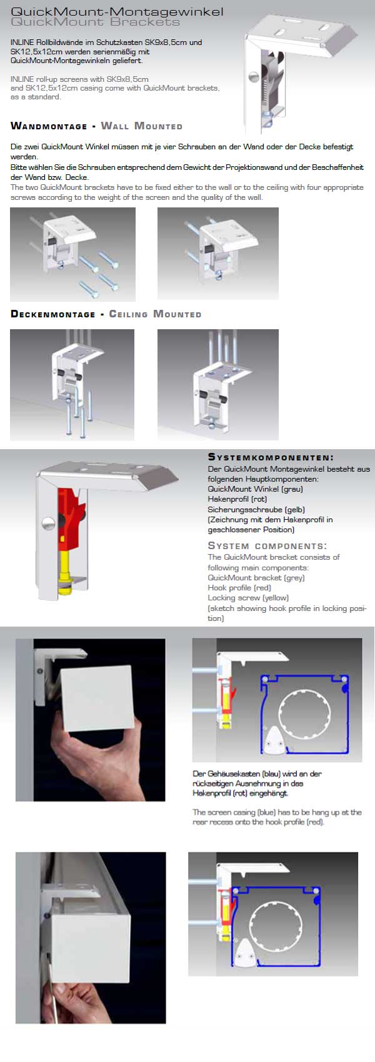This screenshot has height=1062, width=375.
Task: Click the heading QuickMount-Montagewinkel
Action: [117, 11]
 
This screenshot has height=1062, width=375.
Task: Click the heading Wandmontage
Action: [49, 126]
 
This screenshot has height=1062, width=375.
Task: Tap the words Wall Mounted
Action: [141, 126]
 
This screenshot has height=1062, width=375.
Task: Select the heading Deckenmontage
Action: [52, 314]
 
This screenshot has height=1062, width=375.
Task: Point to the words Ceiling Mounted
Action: [155, 314]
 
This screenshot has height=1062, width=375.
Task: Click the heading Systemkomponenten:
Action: [271, 457]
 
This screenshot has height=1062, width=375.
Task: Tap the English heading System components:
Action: [267, 546]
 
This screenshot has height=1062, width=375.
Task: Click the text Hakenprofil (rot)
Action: [237, 499]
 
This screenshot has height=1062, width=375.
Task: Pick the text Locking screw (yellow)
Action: [248, 598]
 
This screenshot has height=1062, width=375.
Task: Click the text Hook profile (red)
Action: [239, 587]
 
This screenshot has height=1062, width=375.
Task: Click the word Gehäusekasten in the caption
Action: [234, 773]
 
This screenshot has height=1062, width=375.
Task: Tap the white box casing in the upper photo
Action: [97, 697]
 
